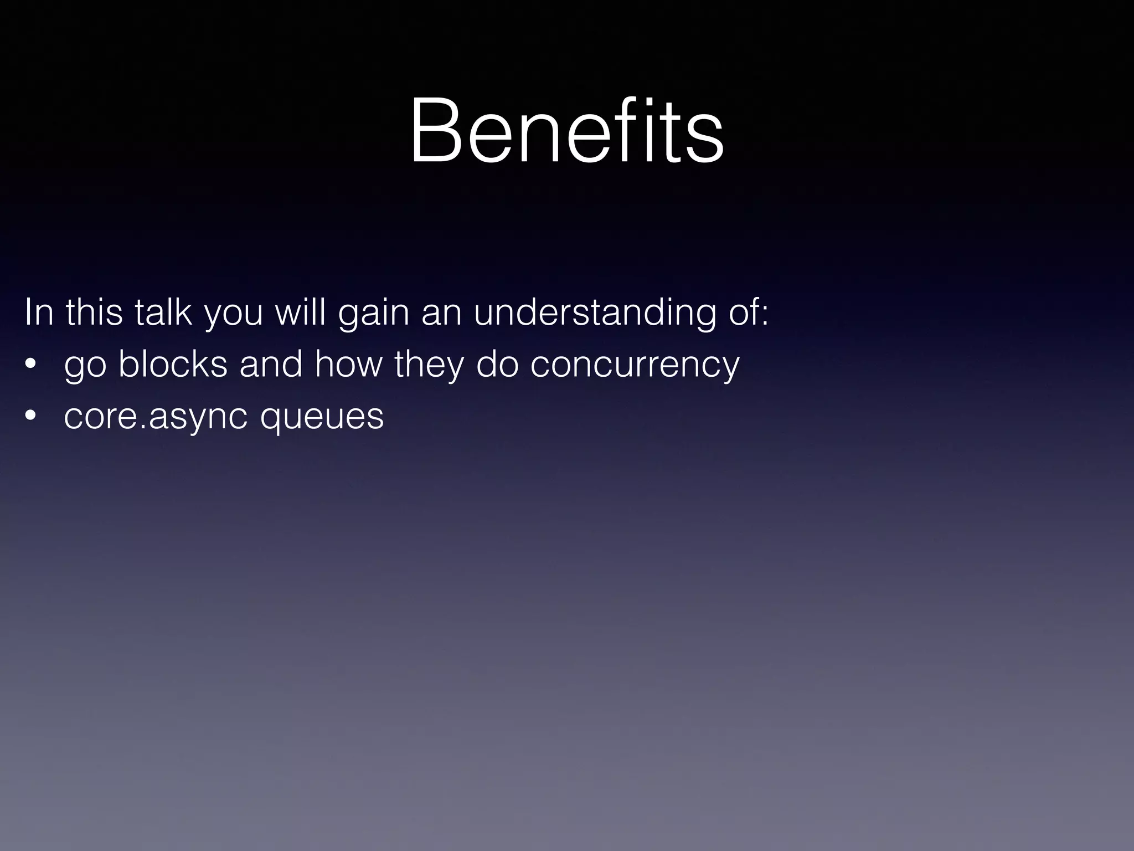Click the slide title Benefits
566,131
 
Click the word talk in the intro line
163,312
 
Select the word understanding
595,312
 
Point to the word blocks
173,364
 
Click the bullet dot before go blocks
30,365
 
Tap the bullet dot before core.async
30,416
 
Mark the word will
300,312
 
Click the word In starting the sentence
38,312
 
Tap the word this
94,312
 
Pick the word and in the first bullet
271,364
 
